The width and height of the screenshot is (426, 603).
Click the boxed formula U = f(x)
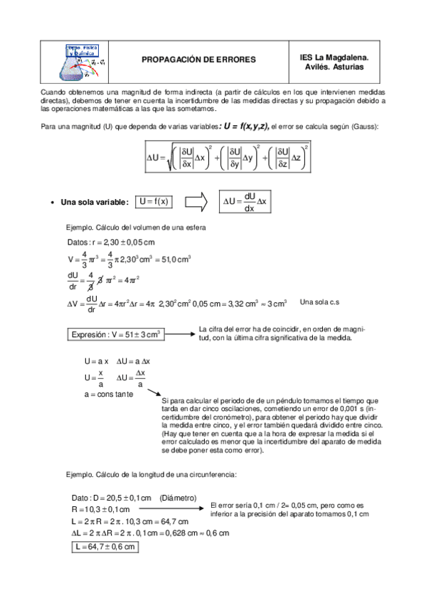(x=154, y=202)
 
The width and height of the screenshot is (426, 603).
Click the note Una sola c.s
(x=319, y=302)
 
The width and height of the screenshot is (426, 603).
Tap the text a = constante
(x=108, y=394)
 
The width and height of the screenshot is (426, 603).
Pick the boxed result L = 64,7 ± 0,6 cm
(x=104, y=547)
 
